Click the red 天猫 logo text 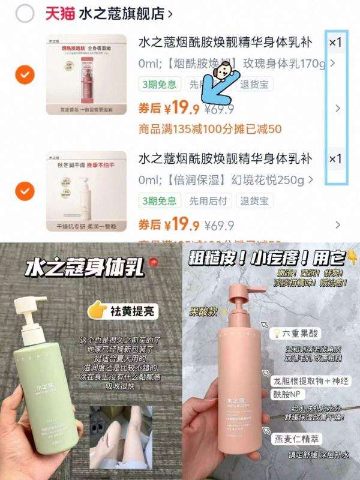click(59, 14)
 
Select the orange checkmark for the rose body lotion click(24, 75)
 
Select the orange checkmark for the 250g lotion click(24, 191)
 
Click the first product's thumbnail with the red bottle click(86, 74)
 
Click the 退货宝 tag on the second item click(256, 200)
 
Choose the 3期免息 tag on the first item click(159, 84)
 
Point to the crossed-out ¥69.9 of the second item click(219, 226)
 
